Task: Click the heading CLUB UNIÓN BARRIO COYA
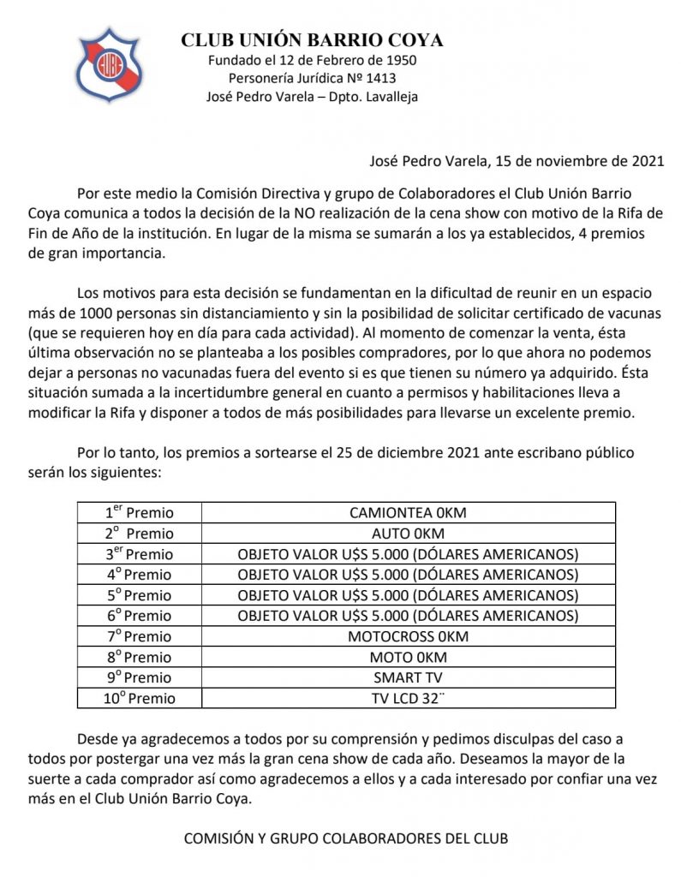(x=312, y=41)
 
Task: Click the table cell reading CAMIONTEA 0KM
(x=408, y=513)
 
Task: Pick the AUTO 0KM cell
(x=408, y=534)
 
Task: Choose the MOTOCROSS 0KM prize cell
(x=408, y=636)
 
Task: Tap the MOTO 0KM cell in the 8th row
(x=408, y=657)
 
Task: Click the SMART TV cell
(x=408, y=677)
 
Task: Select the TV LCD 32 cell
(x=408, y=698)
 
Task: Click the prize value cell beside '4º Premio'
(x=408, y=575)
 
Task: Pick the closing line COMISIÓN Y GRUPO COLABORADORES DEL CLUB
(x=346, y=838)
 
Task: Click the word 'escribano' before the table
(x=530, y=452)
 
